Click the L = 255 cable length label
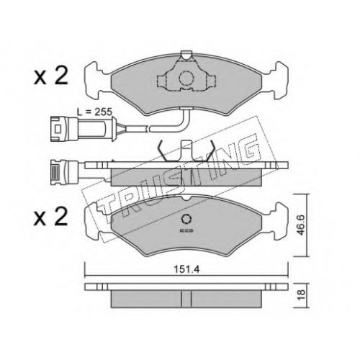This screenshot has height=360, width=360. [94, 112]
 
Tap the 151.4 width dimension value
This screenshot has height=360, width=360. [186, 270]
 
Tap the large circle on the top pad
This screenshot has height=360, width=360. [186, 78]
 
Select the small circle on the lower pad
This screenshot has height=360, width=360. [186, 219]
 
